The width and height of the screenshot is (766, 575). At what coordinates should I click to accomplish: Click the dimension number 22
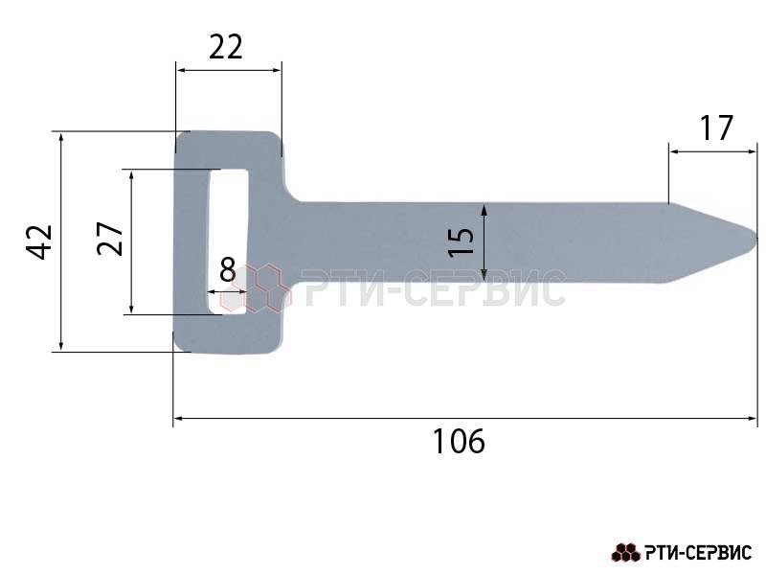pyautogui.click(x=225, y=47)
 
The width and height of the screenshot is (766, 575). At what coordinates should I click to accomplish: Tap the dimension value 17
pyautogui.click(x=716, y=128)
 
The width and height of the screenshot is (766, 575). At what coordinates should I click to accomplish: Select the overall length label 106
pyautogui.click(x=459, y=441)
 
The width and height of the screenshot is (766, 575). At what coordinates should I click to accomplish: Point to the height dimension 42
pyautogui.click(x=39, y=241)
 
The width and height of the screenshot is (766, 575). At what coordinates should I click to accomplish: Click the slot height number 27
pyautogui.click(x=110, y=239)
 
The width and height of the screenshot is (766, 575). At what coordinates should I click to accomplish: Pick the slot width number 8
pyautogui.click(x=228, y=269)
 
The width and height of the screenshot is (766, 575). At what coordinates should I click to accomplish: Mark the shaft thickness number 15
pyautogui.click(x=462, y=242)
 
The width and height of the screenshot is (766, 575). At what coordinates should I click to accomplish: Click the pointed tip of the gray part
pyautogui.click(x=756, y=238)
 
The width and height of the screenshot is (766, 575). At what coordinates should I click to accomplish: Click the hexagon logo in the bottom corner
pyautogui.click(x=626, y=553)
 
